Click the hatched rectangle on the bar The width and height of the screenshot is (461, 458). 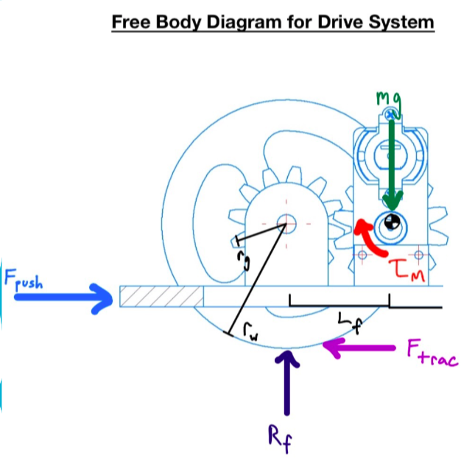(161, 297)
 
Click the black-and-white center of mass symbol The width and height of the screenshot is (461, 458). (392, 224)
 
